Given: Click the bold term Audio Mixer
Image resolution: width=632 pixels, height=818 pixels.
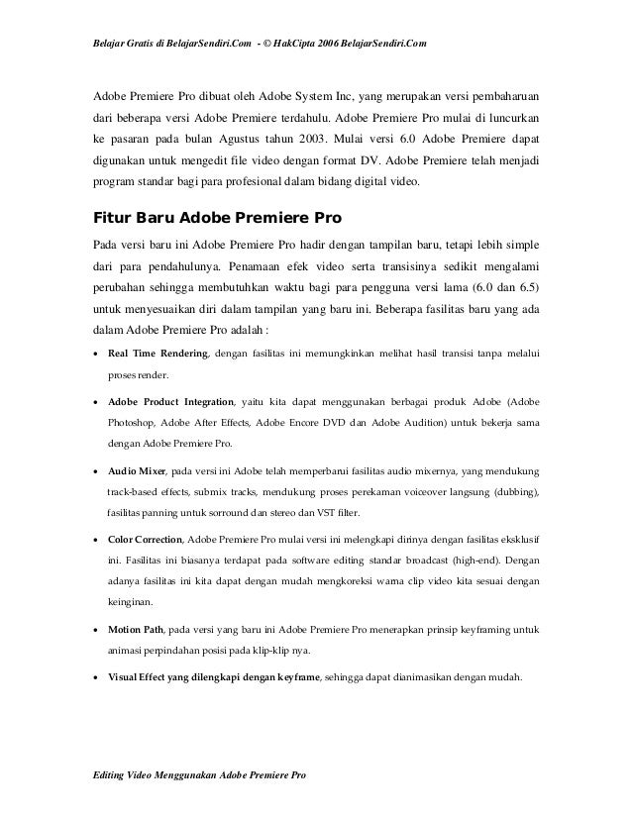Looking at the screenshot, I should pyautogui.click(x=136, y=470).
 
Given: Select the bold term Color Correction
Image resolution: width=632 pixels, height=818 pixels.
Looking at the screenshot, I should pyautogui.click(x=145, y=539).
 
